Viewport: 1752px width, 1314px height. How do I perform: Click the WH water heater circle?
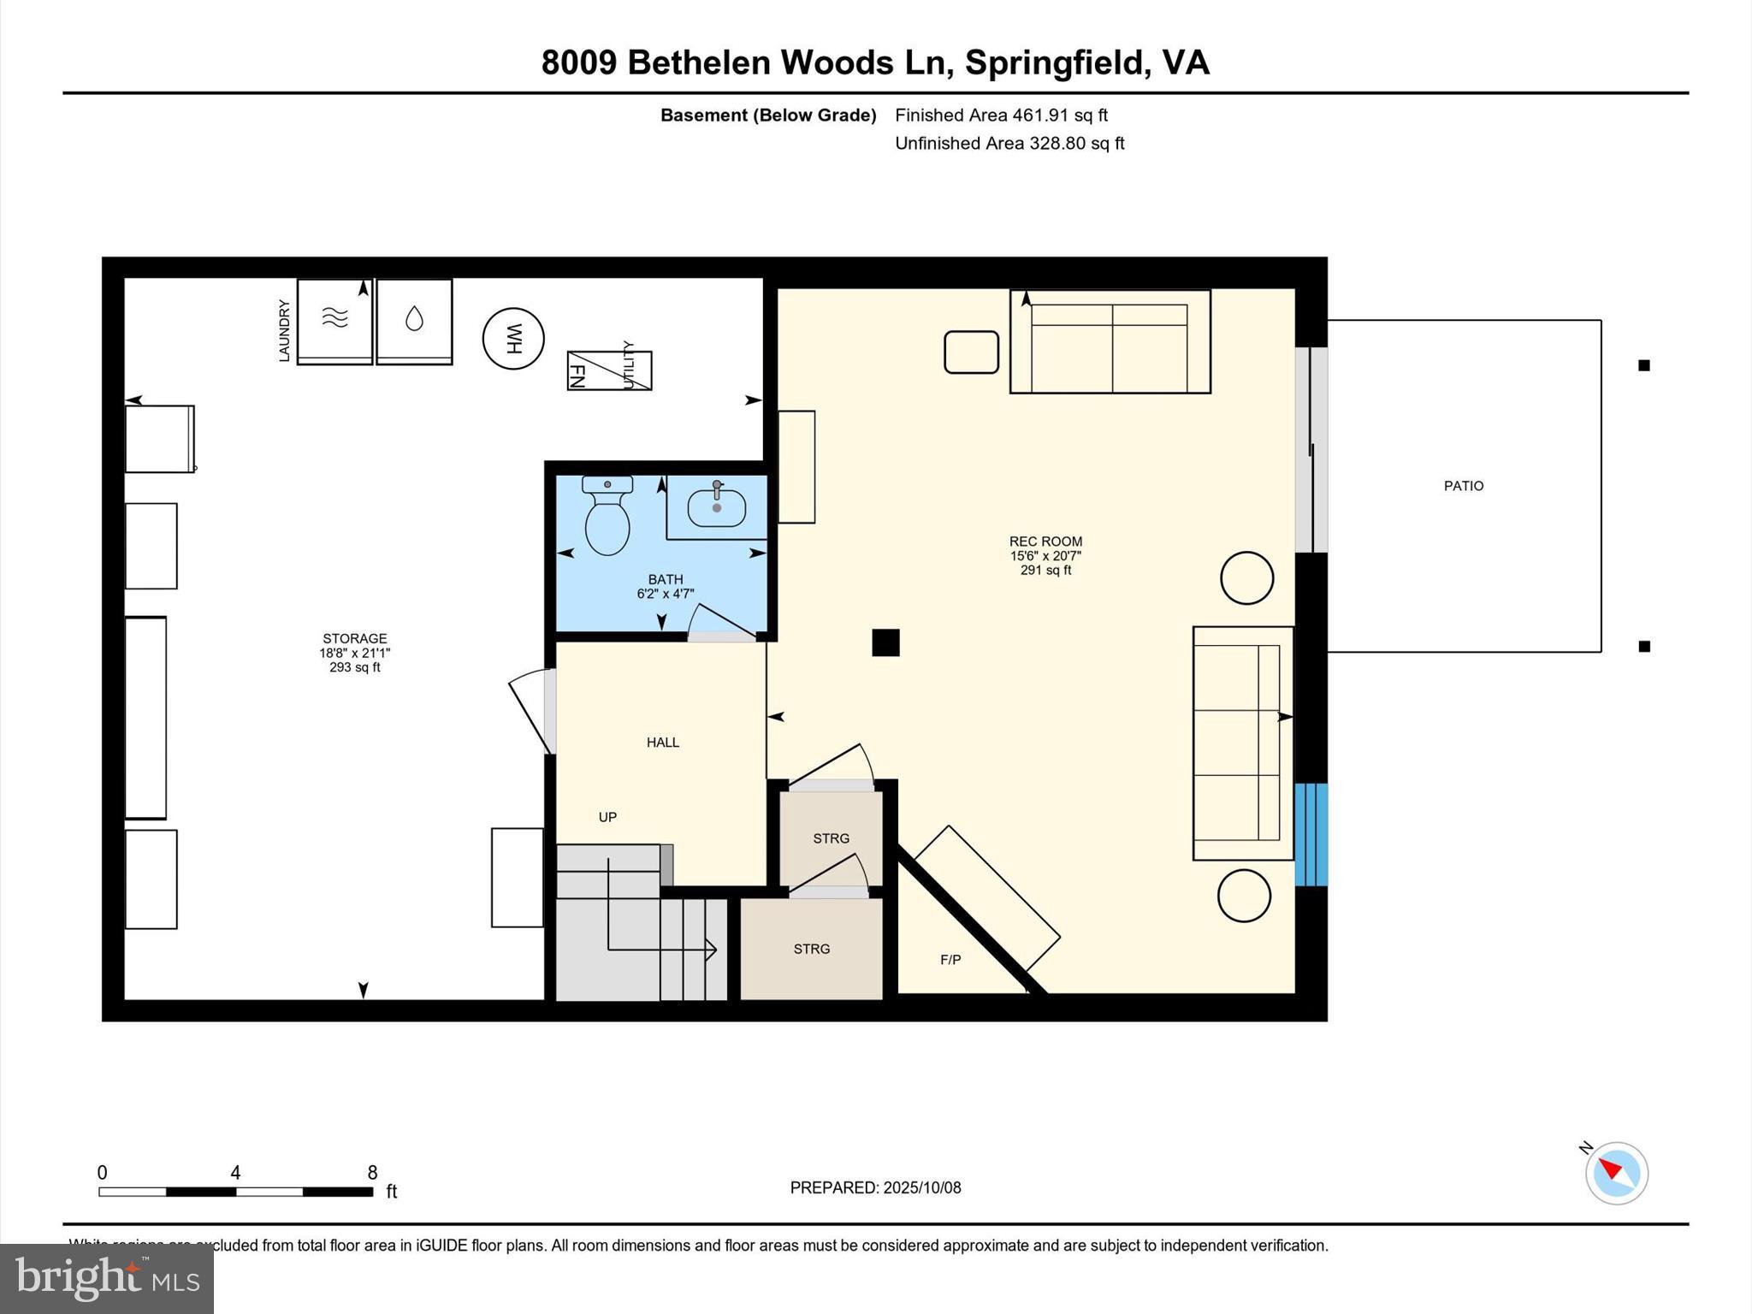pos(513,339)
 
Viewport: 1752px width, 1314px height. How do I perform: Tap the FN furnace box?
pos(609,370)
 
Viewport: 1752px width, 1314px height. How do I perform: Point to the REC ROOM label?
pos(1045,542)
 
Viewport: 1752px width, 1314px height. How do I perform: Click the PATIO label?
pos(1463,486)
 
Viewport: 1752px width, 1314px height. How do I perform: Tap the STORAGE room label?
pos(354,639)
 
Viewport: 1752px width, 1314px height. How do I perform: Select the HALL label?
pos(662,743)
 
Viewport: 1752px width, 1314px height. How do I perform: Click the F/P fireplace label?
pos(950,960)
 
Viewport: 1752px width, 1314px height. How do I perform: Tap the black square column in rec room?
pos(885,642)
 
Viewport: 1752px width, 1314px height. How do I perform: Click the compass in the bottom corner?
pos(1616,1173)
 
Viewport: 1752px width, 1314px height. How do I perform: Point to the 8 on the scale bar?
pos(372,1173)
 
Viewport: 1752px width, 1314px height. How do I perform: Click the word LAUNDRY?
pos(285,330)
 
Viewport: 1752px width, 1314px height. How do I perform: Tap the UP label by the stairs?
pos(607,817)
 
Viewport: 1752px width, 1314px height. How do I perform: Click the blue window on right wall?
pos(1311,834)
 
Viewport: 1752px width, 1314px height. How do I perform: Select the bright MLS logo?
pos(107,1278)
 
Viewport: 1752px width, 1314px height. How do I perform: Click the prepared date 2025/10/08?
pos(921,1187)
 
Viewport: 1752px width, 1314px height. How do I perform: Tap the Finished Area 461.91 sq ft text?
pos(1001,115)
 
